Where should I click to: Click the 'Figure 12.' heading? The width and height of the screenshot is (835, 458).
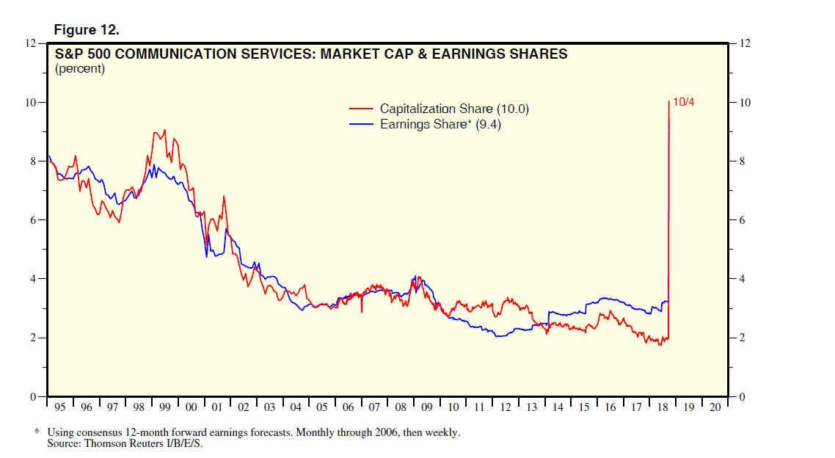pyautogui.click(x=87, y=30)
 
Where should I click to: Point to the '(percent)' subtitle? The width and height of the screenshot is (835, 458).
pyautogui.click(x=80, y=69)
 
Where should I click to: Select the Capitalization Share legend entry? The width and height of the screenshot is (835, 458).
pyautogui.click(x=454, y=109)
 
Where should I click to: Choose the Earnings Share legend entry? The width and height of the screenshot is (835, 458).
pyautogui.click(x=440, y=124)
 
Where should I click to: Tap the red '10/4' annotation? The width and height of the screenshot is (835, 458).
pyautogui.click(x=682, y=102)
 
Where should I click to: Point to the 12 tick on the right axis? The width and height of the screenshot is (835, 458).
pyautogui.click(x=745, y=43)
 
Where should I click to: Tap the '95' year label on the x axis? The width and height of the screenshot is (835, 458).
pyautogui.click(x=60, y=407)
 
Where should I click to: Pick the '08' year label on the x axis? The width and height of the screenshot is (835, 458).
pyautogui.click(x=400, y=407)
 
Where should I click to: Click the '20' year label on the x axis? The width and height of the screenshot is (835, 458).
pyautogui.click(x=714, y=407)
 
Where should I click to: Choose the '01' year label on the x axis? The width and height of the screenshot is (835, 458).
pyautogui.click(x=217, y=407)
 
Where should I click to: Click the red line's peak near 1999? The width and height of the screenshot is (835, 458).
pyautogui.click(x=164, y=130)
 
